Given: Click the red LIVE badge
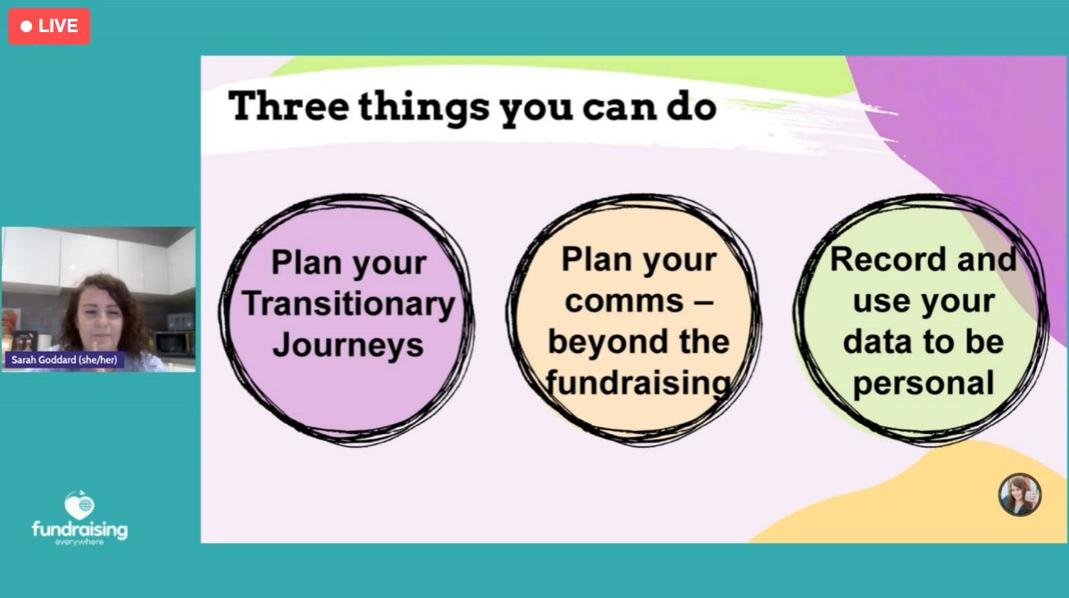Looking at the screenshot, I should click(49, 26).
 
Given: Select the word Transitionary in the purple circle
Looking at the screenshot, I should click(348, 304).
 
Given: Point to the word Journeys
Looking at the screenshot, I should click(348, 344).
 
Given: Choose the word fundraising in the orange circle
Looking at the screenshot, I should click(639, 383).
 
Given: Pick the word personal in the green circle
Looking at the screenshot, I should click(923, 383).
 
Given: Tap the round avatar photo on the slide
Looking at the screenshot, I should click(1020, 494).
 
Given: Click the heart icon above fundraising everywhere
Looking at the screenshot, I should click(79, 505).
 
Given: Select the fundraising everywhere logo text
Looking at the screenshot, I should click(79, 531).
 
